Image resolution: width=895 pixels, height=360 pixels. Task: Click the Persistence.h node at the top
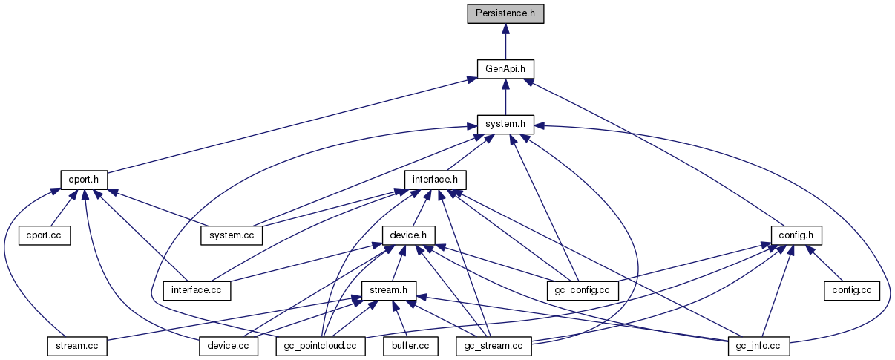click(x=505, y=13)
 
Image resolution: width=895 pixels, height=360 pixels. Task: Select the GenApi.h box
click(x=505, y=68)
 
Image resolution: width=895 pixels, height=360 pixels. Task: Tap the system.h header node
click(x=505, y=124)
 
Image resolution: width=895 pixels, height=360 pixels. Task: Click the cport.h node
click(x=84, y=180)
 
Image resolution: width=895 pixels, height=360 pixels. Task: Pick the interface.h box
click(x=435, y=180)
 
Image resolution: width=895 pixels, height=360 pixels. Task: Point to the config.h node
click(x=796, y=235)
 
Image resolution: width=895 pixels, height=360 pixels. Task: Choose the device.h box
click(x=408, y=235)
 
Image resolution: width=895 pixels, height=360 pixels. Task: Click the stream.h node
click(x=388, y=289)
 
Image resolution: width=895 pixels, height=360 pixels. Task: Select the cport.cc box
click(x=44, y=235)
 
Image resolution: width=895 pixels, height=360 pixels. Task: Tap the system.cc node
click(x=232, y=235)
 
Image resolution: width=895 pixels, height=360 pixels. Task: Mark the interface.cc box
click(x=197, y=289)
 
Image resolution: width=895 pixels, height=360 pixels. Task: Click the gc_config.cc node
click(x=583, y=289)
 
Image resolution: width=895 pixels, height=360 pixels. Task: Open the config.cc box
click(x=851, y=289)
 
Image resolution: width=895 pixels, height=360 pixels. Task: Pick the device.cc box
click(x=229, y=345)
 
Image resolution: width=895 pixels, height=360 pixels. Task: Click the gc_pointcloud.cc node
click(x=321, y=345)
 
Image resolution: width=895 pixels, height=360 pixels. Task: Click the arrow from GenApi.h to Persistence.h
click(x=505, y=41)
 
